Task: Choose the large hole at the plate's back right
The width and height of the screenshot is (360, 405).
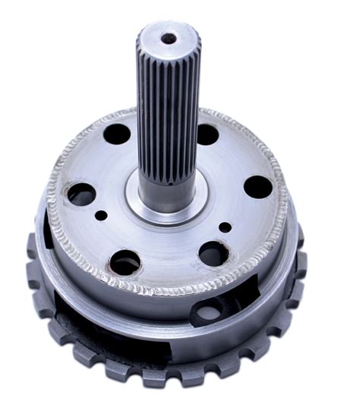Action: (x=207, y=134)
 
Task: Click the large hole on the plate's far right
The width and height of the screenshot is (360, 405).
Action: (x=257, y=187)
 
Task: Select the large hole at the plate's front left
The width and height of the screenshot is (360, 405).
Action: (x=125, y=263)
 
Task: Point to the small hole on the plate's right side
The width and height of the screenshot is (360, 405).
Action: (x=226, y=226)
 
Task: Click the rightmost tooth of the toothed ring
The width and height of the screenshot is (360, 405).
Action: (x=302, y=262)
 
